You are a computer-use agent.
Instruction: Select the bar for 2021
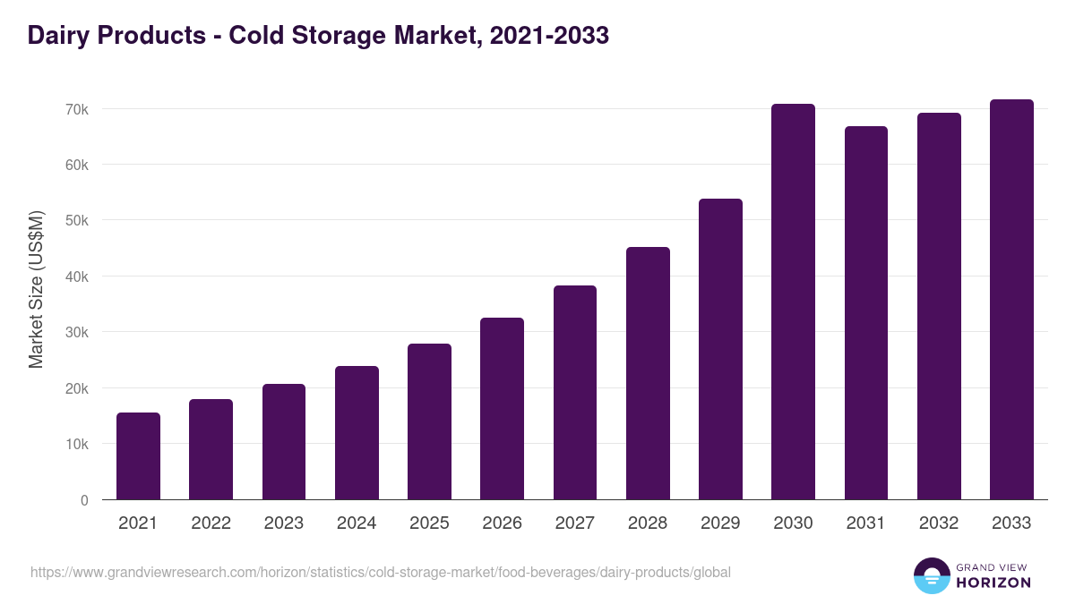pyautogui.click(x=138, y=456)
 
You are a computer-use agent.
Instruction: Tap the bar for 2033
pyautogui.click(x=1011, y=300)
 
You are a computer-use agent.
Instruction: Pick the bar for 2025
pyautogui.click(x=429, y=421)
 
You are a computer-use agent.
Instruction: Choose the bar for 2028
pyautogui.click(x=648, y=373)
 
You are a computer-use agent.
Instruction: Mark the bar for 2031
pyautogui.click(x=865, y=313)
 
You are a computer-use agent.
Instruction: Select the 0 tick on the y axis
pyautogui.click(x=84, y=500)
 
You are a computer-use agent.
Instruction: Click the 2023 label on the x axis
pyautogui.click(x=283, y=523)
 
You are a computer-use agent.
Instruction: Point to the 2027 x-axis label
pyautogui.click(x=574, y=523)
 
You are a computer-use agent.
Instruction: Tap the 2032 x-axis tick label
pyautogui.click(x=938, y=523)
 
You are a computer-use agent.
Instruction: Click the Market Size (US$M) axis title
pyautogui.click(x=36, y=290)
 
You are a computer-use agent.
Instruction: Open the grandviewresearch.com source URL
pyautogui.click(x=381, y=572)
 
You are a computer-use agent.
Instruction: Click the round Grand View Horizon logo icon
pyautogui.click(x=931, y=575)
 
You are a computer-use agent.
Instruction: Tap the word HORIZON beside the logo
pyautogui.click(x=993, y=583)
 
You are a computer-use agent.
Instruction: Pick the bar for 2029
pyautogui.click(x=720, y=349)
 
